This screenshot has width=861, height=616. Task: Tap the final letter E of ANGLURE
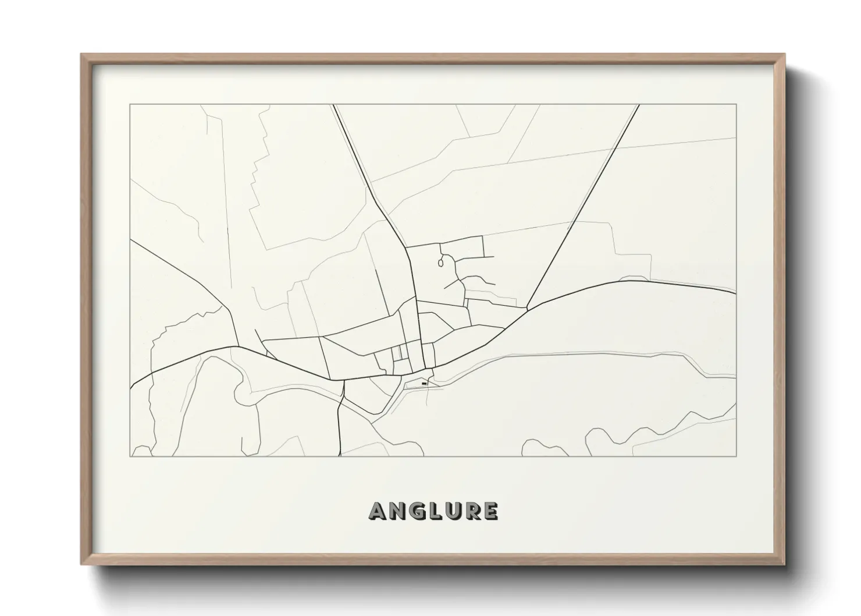point(490,511)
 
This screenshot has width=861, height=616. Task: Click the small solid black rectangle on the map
point(424,384)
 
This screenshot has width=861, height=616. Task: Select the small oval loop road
point(441,263)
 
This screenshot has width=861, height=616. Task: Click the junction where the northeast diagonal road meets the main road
point(527,309)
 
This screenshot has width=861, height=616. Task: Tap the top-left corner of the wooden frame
point(81,55)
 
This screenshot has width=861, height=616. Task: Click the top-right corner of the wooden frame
point(785,55)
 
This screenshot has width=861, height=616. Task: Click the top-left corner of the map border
point(130,105)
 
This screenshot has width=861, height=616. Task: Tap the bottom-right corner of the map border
point(736,456)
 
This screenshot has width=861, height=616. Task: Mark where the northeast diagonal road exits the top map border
point(639,105)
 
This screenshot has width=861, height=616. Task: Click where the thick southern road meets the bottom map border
point(339,456)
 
